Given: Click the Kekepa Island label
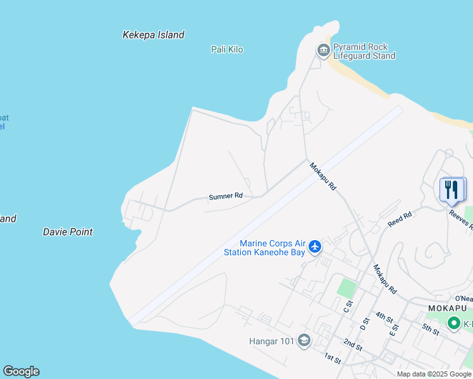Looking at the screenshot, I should [153, 35].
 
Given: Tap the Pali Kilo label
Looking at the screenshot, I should [226, 49].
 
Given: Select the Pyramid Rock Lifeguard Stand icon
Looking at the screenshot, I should [323, 50].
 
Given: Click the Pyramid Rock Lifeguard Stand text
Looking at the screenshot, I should [364, 51].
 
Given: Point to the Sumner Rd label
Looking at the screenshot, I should [226, 196].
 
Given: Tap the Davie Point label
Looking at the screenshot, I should [68, 232].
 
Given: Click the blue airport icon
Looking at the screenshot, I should [315, 247].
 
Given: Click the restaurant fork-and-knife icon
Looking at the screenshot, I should [451, 189].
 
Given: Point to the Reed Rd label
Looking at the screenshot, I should [400, 219].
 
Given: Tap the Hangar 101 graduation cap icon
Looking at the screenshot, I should [304, 341].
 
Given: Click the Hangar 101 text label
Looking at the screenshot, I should [271, 342].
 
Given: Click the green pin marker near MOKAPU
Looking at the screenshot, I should [453, 323].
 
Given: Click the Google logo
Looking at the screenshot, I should [21, 371].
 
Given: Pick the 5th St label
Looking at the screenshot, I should [431, 330].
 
